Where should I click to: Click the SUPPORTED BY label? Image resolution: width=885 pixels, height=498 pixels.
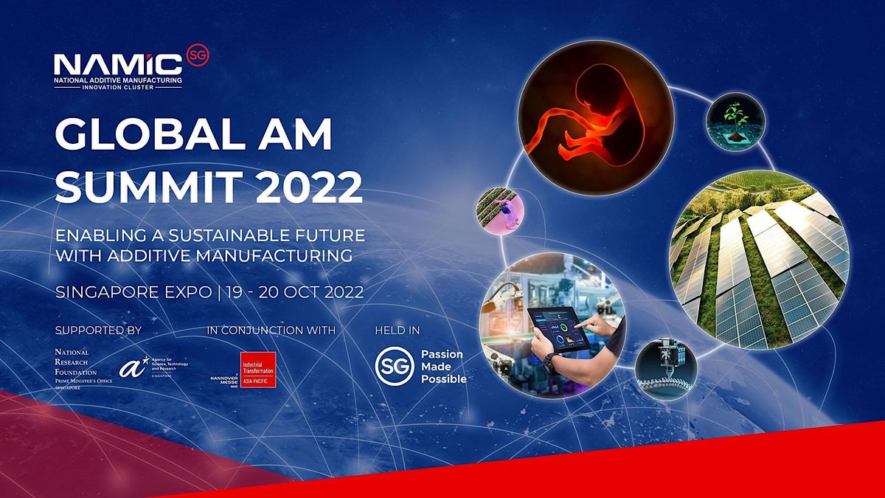point(97,330)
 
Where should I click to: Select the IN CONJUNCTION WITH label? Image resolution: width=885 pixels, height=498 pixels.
point(272,330)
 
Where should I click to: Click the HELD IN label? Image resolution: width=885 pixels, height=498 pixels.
point(397,330)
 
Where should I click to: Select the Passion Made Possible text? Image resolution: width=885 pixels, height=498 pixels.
point(442,366)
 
